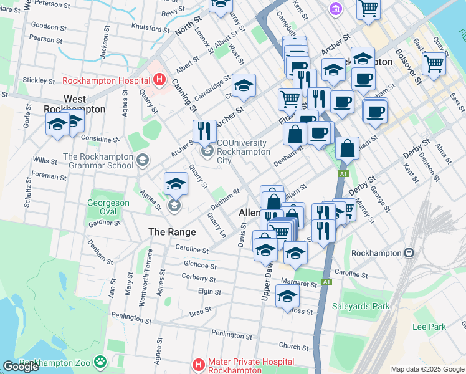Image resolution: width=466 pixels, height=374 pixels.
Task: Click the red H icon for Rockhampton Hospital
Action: point(159,80)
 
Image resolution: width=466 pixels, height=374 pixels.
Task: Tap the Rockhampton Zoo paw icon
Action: point(100,362)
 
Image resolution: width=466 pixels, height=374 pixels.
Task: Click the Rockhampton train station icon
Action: point(409,253)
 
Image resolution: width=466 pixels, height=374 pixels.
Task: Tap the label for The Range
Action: point(172,232)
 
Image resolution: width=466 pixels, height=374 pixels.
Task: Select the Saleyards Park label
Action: point(364,306)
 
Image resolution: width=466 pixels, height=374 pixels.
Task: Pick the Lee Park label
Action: point(429,327)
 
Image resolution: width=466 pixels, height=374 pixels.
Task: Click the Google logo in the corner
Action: point(21,367)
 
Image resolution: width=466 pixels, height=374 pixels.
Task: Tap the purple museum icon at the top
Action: point(336,9)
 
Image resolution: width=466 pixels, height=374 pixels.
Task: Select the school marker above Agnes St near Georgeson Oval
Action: point(176,184)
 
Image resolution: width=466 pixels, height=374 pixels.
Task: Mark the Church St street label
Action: point(294,346)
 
